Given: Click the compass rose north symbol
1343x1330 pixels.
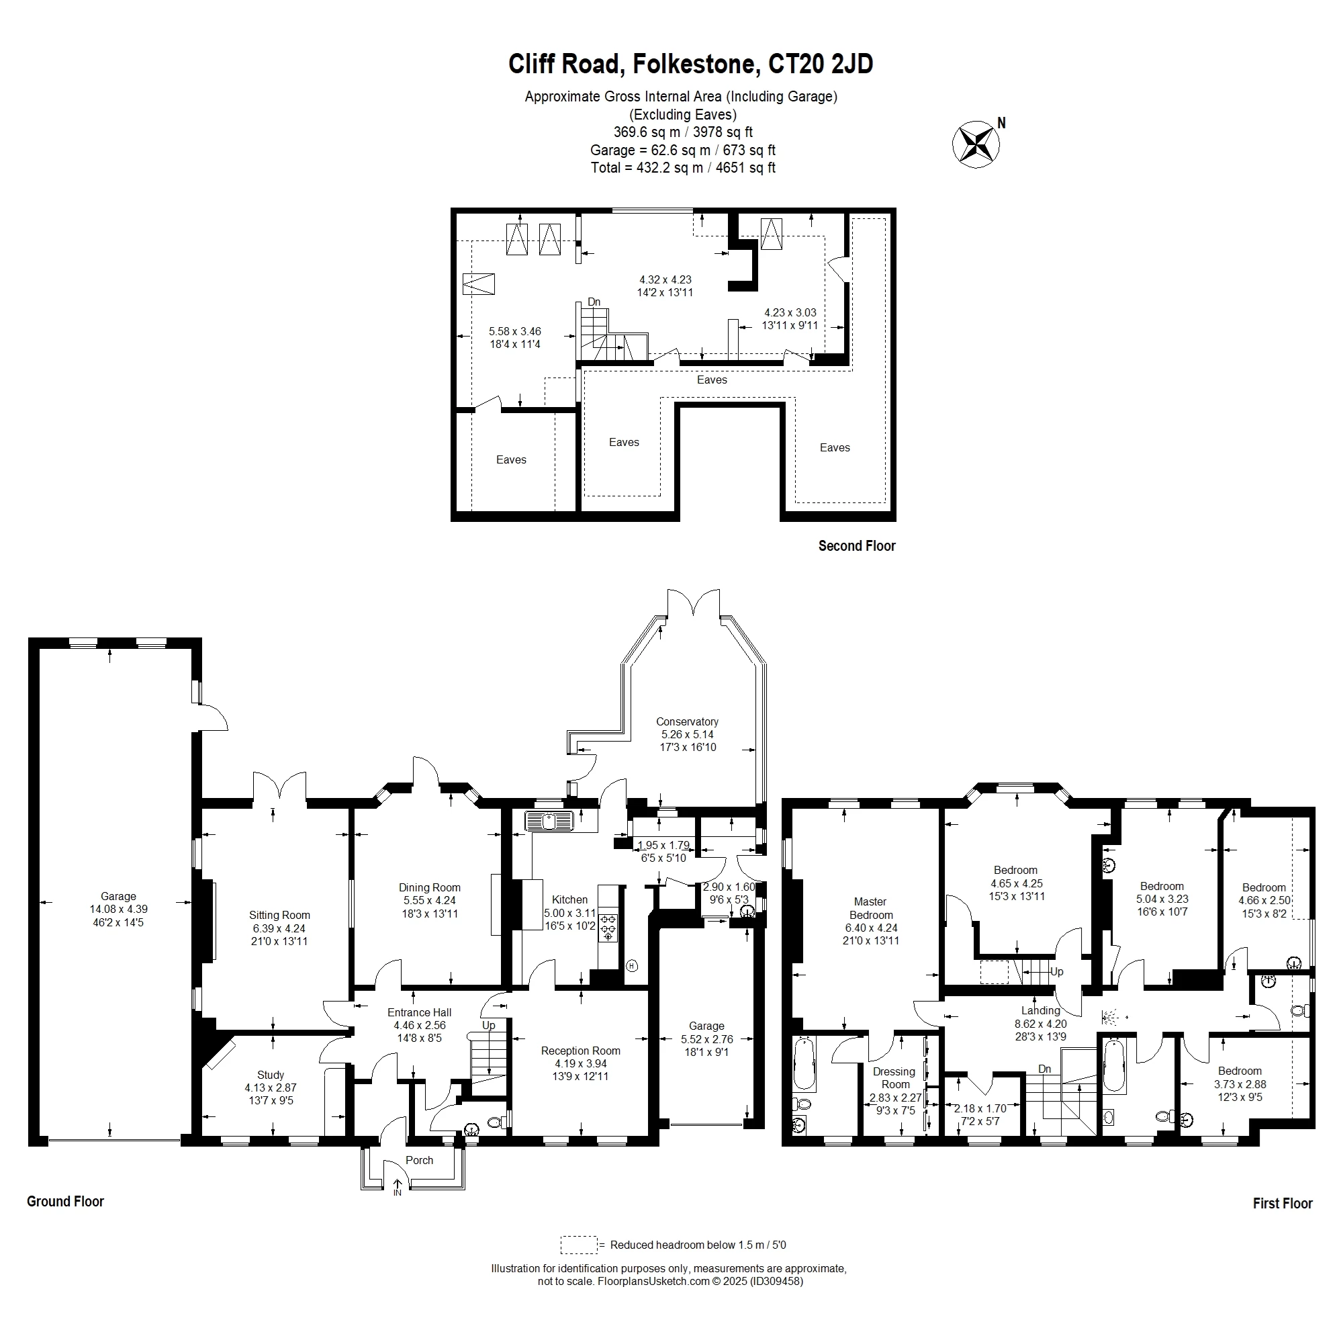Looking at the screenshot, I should pyautogui.click(x=975, y=144).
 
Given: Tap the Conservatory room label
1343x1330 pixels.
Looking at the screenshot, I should pyautogui.click(x=687, y=721).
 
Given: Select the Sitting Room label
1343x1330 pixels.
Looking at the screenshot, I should pyautogui.click(x=279, y=915).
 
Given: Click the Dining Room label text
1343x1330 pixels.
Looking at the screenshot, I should pyautogui.click(x=430, y=887).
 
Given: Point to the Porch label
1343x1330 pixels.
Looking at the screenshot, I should pyautogui.click(x=419, y=1160).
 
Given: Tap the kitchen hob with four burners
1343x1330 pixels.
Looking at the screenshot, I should pyautogui.click(x=608, y=927).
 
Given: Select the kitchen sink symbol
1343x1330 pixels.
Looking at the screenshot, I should pyautogui.click(x=549, y=821).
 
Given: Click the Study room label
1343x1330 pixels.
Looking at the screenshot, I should pyautogui.click(x=271, y=1075).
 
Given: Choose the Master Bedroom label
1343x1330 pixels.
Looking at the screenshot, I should pyautogui.click(x=870, y=908).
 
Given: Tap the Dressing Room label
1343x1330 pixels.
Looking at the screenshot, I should pyautogui.click(x=894, y=1077).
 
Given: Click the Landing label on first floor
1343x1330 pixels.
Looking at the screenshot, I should pyautogui.click(x=1041, y=1010).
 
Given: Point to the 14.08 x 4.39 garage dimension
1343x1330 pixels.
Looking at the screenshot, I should pyautogui.click(x=118, y=910).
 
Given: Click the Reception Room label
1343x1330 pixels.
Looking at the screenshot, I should pyautogui.click(x=580, y=1051).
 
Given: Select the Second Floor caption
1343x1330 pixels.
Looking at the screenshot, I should pyautogui.click(x=856, y=545).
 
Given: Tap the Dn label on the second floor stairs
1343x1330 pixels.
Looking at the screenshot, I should pyautogui.click(x=594, y=302).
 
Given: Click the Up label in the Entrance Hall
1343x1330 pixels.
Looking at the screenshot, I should pyautogui.click(x=489, y=1026).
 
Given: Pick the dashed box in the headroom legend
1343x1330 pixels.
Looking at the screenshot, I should pyautogui.click(x=578, y=1245).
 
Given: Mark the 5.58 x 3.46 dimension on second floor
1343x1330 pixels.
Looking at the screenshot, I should pyautogui.click(x=514, y=332).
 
